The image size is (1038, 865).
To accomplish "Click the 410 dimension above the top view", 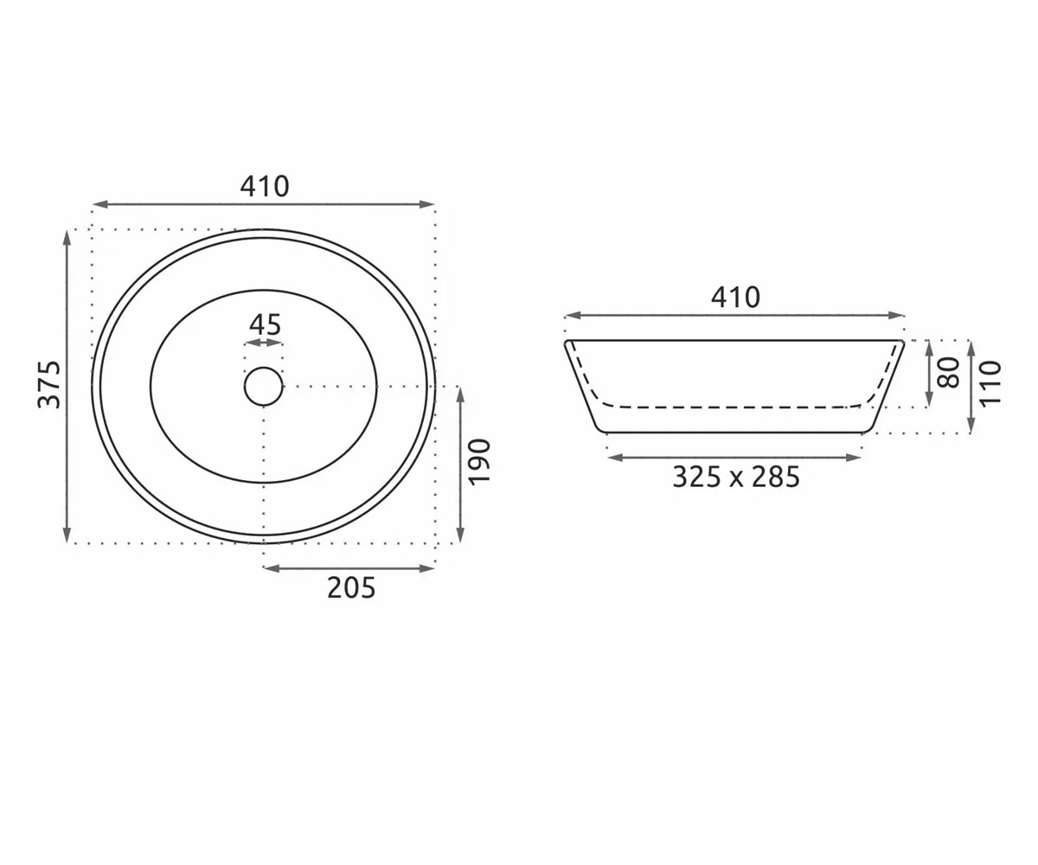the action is pyautogui.click(x=265, y=187).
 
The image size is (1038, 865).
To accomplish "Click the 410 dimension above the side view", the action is pyautogui.click(x=735, y=298).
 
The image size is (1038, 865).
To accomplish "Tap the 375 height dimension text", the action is pyautogui.click(x=49, y=385).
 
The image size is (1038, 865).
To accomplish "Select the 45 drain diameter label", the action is pyautogui.click(x=265, y=324).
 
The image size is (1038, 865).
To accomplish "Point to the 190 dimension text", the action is pyautogui.click(x=480, y=461).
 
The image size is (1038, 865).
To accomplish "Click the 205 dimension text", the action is pyautogui.click(x=351, y=588).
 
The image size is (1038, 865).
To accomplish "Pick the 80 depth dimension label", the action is pyautogui.click(x=947, y=372).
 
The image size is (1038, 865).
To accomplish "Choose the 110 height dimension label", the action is pyautogui.click(x=990, y=383).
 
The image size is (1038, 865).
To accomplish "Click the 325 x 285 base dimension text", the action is pyautogui.click(x=736, y=477).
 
